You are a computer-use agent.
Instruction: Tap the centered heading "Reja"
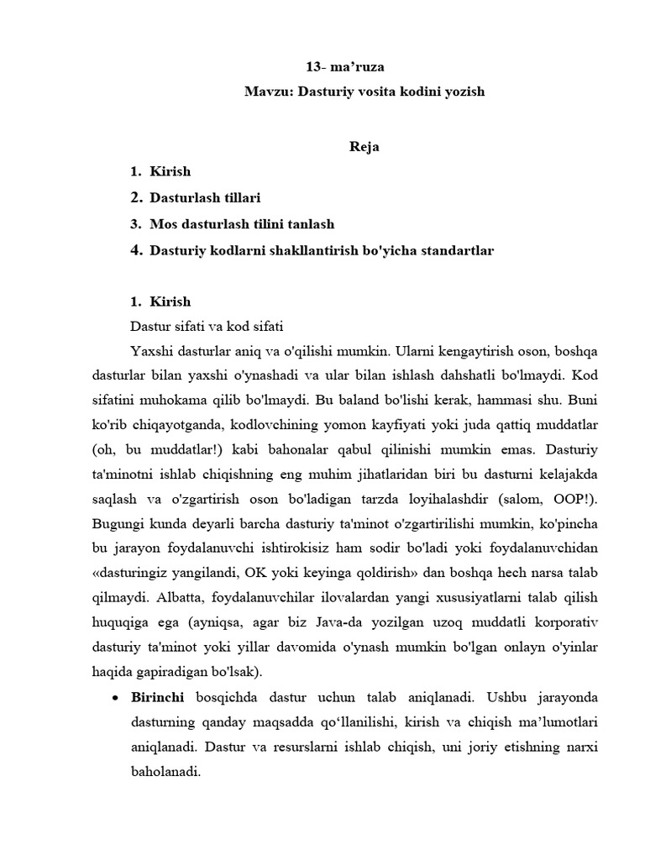tap(364, 147)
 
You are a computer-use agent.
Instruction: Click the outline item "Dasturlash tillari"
tap(205, 198)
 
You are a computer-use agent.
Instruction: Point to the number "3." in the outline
tap(136, 224)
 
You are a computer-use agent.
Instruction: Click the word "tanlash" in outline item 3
tap(311, 224)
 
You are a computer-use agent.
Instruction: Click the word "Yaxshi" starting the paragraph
tap(150, 349)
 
